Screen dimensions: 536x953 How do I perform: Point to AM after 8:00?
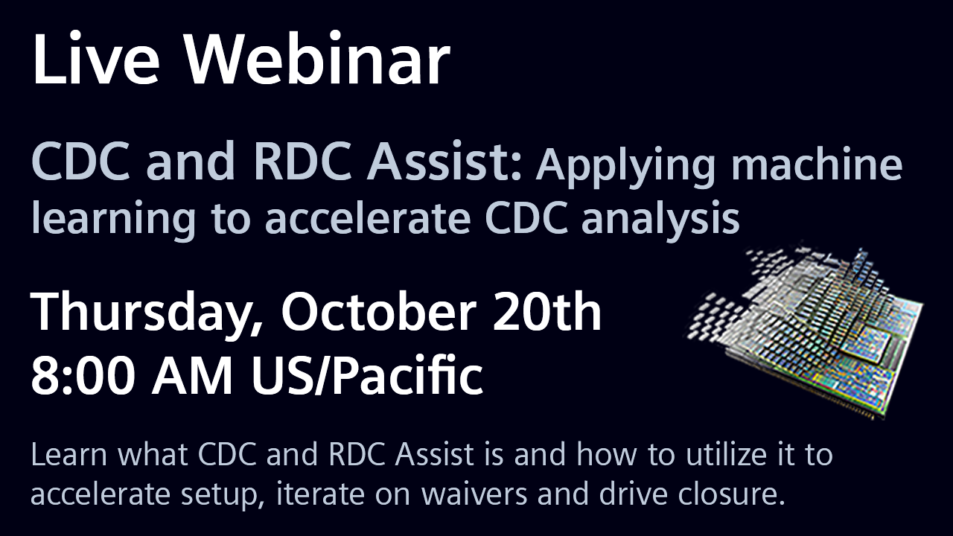pyautogui.click(x=197, y=377)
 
